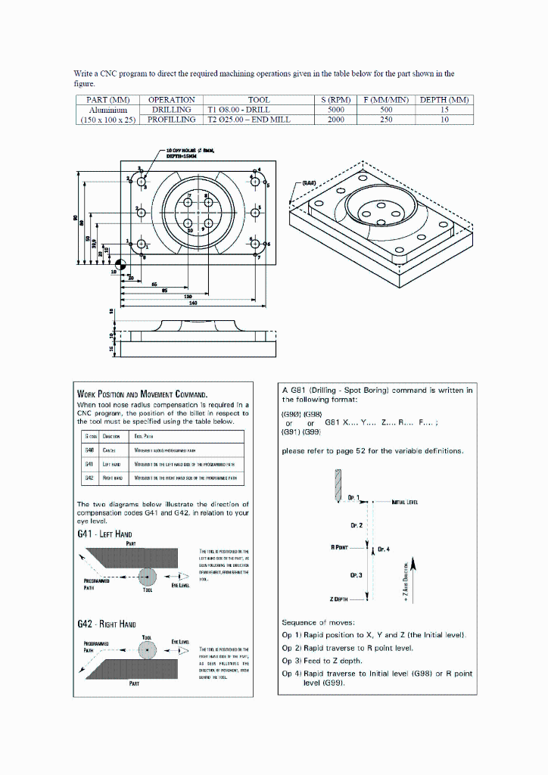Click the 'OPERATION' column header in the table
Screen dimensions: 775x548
(171, 100)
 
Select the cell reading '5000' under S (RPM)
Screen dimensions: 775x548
(336, 110)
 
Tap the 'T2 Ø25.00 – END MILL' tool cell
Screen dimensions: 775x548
(259, 120)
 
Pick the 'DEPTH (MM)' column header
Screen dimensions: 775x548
(444, 100)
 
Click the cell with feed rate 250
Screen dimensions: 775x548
(386, 120)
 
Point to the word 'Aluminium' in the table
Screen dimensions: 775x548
(107, 110)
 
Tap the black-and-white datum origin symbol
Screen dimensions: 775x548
(124, 262)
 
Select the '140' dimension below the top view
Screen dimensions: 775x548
(193, 303)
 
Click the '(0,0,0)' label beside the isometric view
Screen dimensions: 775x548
(310, 183)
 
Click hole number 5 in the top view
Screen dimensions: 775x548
(255, 210)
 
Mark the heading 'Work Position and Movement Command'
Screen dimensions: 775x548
(143, 394)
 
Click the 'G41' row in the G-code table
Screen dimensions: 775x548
(163, 464)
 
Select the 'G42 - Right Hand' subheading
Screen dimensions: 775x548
(107, 624)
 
